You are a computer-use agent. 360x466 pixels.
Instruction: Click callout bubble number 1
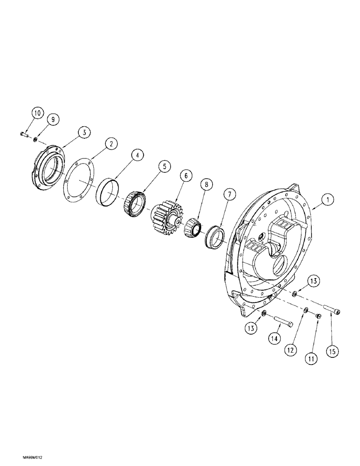(328, 200)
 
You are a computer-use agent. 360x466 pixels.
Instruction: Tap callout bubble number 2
(111, 144)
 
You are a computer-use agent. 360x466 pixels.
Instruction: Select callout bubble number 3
(83, 133)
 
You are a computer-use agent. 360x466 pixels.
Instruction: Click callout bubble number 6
(186, 176)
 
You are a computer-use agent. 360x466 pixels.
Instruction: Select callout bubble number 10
(37, 113)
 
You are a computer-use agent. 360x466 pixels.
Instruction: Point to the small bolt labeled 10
(25, 135)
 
